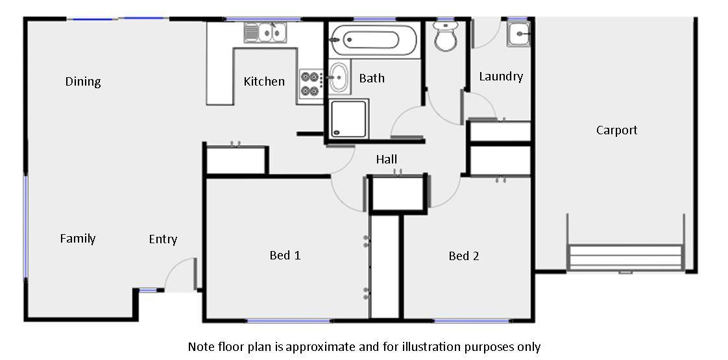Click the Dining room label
(x=83, y=82)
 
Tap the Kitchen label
(x=264, y=82)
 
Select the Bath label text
(x=372, y=78)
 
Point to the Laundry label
(x=501, y=77)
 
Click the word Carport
(x=616, y=130)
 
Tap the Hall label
(x=386, y=160)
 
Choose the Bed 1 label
(x=285, y=256)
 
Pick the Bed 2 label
(x=464, y=256)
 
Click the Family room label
(x=78, y=239)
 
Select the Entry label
(x=163, y=239)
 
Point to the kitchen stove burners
(x=310, y=84)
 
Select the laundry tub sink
(x=518, y=34)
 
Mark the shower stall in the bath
(x=349, y=119)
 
